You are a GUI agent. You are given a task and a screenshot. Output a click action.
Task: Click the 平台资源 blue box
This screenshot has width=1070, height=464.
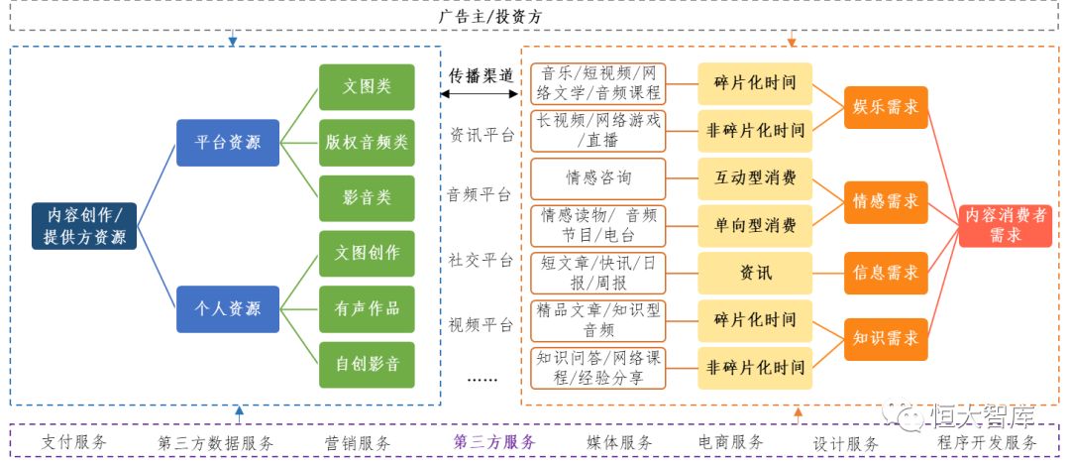pyautogui.click(x=228, y=142)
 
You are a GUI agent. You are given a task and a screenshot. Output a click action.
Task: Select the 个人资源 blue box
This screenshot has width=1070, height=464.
pyautogui.click(x=228, y=308)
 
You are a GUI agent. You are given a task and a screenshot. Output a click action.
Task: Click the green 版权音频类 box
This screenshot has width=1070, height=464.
pyautogui.click(x=367, y=142)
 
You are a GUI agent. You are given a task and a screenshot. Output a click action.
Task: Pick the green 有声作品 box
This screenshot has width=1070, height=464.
pyautogui.click(x=367, y=308)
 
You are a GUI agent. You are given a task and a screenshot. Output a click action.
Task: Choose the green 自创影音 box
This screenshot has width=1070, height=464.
pyautogui.click(x=367, y=364)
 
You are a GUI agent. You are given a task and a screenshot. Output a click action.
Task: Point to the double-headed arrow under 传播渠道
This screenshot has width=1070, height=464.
pyautogui.click(x=481, y=94)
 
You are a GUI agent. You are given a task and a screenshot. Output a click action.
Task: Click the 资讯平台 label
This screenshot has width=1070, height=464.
pyautogui.click(x=481, y=135)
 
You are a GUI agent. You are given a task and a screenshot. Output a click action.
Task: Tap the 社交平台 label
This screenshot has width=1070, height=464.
pyautogui.click(x=481, y=261)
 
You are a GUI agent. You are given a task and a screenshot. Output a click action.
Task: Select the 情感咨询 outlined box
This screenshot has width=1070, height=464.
pyautogui.click(x=598, y=178)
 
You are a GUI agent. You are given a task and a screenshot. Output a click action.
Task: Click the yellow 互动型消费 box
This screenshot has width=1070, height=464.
pyautogui.click(x=755, y=178)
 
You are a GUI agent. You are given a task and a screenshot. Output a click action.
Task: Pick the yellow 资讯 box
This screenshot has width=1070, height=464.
pyautogui.click(x=755, y=272)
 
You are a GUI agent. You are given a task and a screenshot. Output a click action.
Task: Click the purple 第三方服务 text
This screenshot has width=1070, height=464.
pyautogui.click(x=494, y=442)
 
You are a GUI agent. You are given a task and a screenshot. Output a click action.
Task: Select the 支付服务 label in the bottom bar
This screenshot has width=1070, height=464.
pyautogui.click(x=74, y=442)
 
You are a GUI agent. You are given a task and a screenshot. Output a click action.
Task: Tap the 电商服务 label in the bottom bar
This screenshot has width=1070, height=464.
pyautogui.click(x=731, y=442)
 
